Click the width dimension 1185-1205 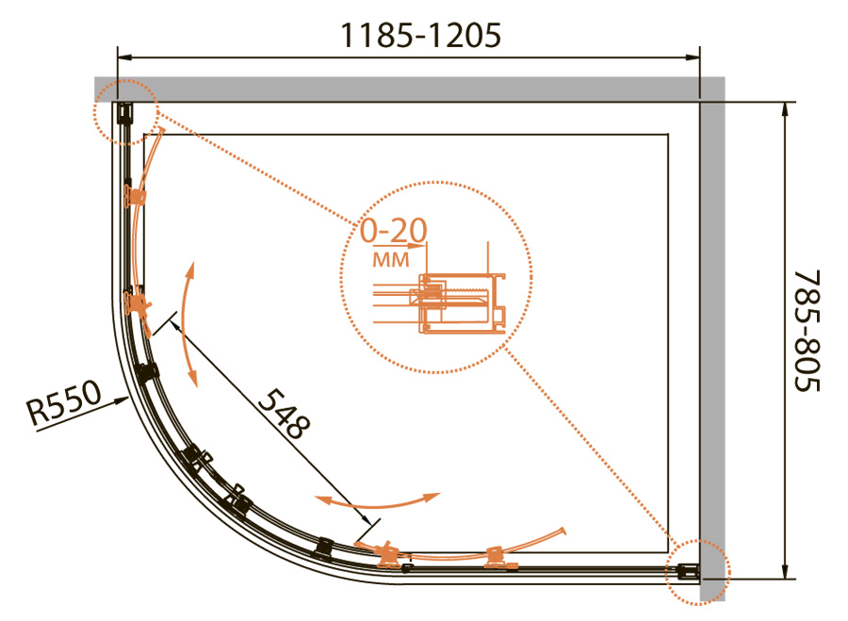[421, 36]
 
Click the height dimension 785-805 [807, 331]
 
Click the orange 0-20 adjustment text [394, 231]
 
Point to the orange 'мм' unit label [391, 260]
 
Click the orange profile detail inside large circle [460, 302]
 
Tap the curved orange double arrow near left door [185, 323]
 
